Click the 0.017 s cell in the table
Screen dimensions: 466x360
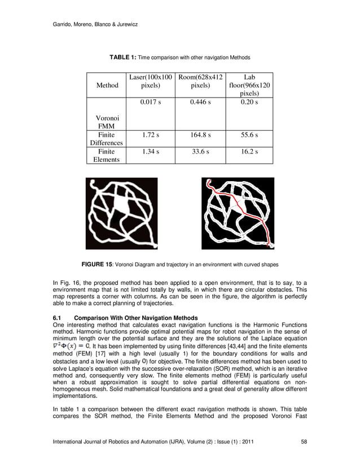[150, 103]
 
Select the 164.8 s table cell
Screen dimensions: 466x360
[200, 136]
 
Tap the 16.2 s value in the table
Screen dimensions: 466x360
[249, 152]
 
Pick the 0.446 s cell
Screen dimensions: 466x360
[200, 103]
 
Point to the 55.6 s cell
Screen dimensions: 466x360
[249, 136]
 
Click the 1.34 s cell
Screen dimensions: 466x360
[150, 152]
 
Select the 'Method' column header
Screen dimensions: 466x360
[107, 86]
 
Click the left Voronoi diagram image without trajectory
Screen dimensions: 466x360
[121, 213]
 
